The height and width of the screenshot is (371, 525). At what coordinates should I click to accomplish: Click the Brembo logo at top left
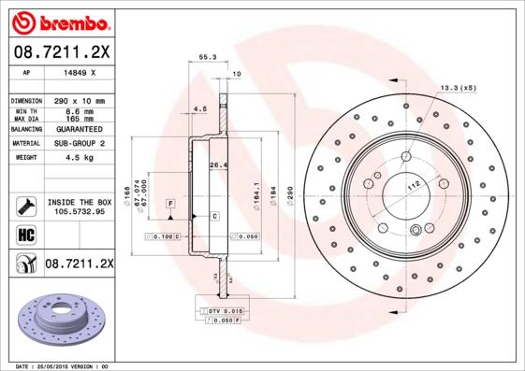(x=59, y=20)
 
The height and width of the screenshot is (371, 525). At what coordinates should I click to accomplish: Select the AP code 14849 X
(x=78, y=72)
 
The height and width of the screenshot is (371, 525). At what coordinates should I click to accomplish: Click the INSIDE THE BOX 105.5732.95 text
(x=80, y=207)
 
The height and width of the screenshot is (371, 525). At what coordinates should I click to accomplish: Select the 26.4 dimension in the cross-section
(x=218, y=165)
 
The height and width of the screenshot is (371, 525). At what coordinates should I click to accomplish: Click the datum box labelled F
(x=171, y=203)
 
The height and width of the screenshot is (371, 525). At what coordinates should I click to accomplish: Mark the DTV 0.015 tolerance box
(x=220, y=308)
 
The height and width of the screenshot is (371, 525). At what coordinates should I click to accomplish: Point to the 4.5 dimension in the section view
(x=198, y=108)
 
